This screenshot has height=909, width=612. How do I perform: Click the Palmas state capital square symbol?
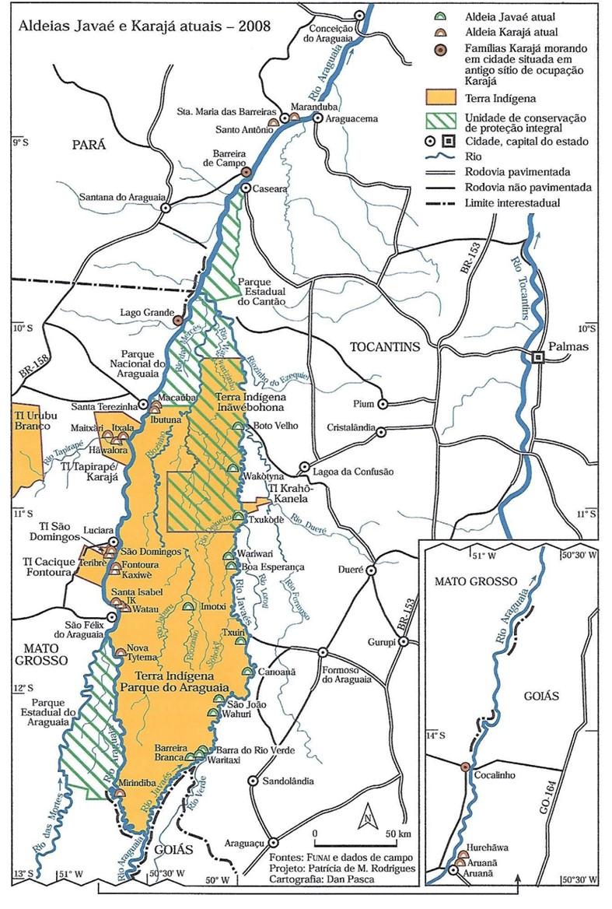[537, 357]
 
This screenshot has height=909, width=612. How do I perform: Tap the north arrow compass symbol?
[366, 819]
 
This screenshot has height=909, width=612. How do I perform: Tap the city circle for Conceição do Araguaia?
[359, 16]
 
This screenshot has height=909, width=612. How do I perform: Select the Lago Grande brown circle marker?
[177, 320]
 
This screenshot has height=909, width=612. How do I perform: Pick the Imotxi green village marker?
[187, 606]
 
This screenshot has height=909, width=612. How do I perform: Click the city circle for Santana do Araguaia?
[164, 208]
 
